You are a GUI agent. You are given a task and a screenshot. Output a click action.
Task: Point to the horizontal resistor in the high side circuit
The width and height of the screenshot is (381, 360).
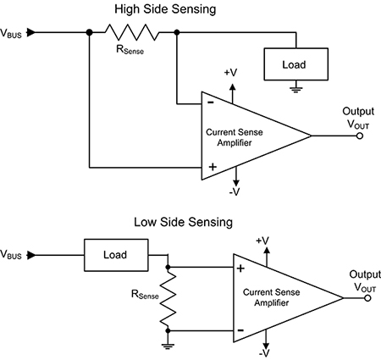[x=132, y=34]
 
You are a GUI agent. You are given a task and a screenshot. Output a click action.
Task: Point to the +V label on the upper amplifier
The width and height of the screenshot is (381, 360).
[x=230, y=73]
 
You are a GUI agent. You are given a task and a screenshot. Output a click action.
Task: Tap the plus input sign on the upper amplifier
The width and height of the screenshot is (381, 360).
[x=210, y=166]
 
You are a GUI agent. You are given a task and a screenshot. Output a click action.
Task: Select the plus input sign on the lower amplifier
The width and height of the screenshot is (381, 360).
[x=240, y=269]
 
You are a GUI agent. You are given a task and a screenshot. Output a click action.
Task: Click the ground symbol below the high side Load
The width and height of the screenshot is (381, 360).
[x=295, y=86]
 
